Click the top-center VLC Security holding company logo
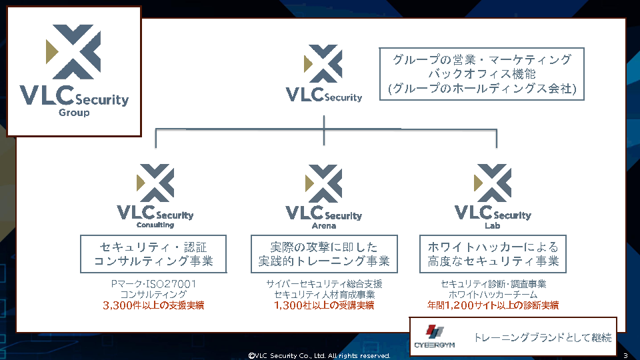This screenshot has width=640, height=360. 324,74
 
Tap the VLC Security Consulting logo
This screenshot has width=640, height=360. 155,194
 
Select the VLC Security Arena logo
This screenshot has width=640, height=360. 324,194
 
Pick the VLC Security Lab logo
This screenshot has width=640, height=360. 493,194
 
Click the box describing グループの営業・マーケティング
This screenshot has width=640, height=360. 481,73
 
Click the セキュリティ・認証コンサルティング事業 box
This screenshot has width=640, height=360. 153,253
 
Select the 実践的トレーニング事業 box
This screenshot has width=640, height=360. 324,253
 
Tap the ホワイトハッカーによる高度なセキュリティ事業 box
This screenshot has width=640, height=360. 493,253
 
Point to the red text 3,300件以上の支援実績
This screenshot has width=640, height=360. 153,305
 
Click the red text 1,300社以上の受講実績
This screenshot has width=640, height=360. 324,305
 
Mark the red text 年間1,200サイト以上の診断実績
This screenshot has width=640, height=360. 493,305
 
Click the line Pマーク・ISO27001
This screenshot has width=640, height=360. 153,284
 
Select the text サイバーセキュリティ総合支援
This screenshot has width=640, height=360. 324,284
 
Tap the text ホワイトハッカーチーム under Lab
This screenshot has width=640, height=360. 493,295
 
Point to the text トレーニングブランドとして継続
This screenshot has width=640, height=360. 542,337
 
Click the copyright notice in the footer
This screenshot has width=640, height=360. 319,356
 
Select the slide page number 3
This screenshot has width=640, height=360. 625,355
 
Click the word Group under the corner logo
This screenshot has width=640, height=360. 74,113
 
